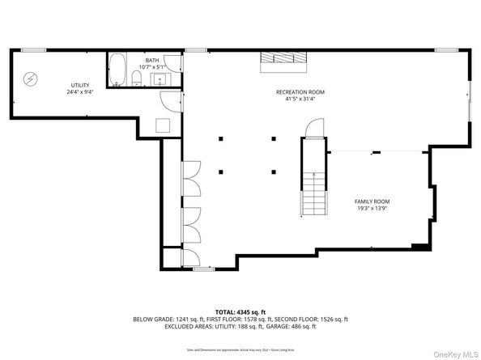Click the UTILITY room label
point(79,85)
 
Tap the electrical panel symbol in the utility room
point(30,78)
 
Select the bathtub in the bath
point(117,70)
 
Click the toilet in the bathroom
point(138,78)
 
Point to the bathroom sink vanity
point(157,78)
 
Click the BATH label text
point(152,60)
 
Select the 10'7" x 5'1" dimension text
point(152,66)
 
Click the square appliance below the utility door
point(163,125)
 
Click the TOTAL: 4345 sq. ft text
point(240,312)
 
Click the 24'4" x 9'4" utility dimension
point(79,92)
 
